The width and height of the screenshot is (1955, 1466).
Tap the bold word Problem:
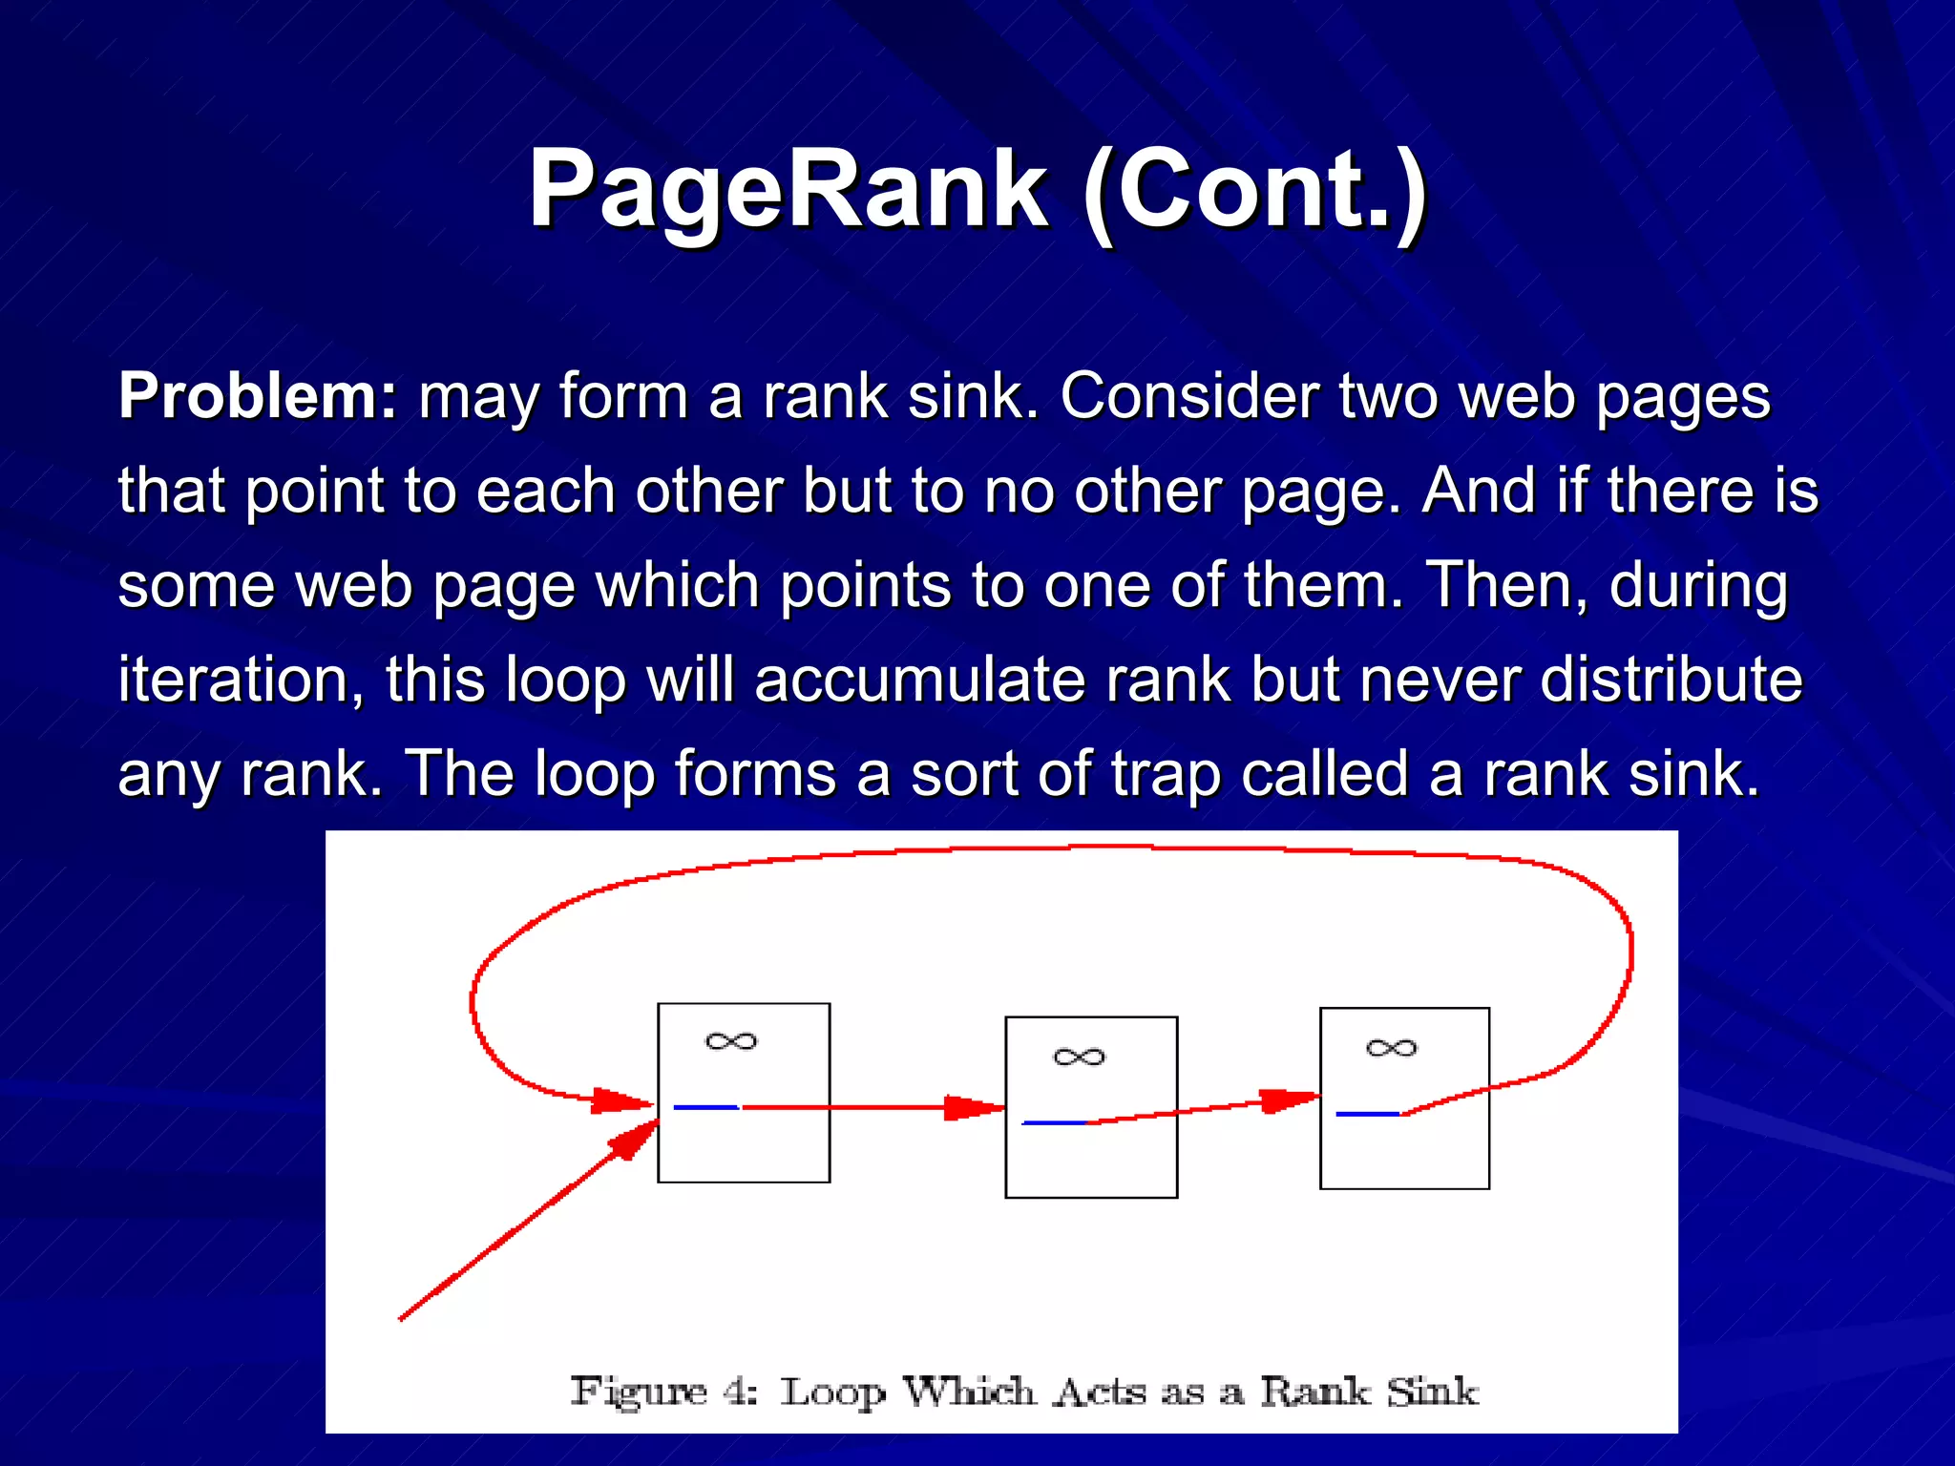click(x=257, y=395)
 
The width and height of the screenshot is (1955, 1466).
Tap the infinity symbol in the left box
click(x=731, y=1041)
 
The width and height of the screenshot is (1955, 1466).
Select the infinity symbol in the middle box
click(x=1079, y=1057)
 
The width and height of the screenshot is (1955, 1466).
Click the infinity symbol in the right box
click(x=1392, y=1048)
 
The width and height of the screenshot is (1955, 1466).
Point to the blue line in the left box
click(x=706, y=1107)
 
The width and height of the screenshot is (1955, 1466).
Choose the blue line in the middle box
click(x=1054, y=1123)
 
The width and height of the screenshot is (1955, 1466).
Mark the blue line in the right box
click(x=1367, y=1114)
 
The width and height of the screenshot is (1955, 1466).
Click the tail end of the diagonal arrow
click(x=401, y=1319)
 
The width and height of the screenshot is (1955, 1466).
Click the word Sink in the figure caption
click(x=1432, y=1392)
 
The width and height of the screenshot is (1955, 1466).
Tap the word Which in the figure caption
click(x=968, y=1392)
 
